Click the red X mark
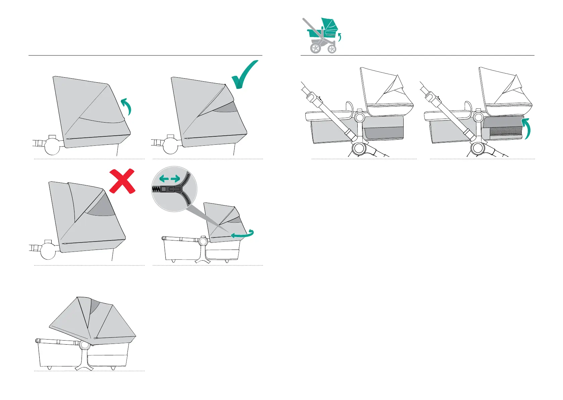tap(122, 182)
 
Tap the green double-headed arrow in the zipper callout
tap(170, 179)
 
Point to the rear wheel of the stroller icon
tap(316, 48)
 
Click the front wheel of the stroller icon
tap(332, 49)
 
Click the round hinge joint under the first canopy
tap(52, 146)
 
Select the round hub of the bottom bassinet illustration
tap(84, 345)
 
